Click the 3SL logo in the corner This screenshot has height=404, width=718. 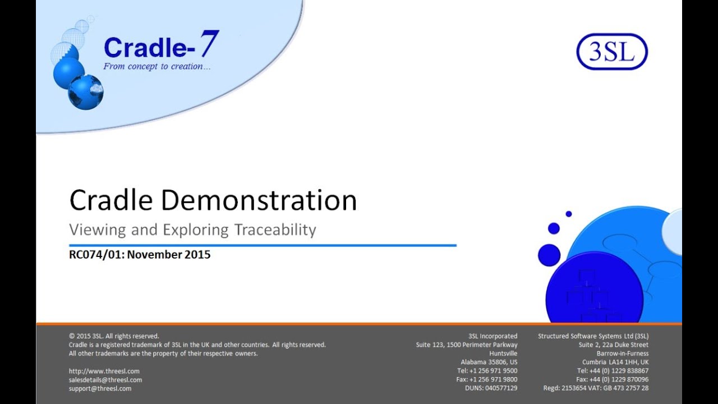tap(612, 52)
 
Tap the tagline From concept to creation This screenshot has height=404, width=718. tap(157, 66)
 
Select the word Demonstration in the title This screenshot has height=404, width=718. tap(260, 200)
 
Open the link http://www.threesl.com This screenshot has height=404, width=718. tap(104, 371)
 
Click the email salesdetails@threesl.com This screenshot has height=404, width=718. tap(105, 380)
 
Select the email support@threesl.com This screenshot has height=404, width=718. tap(100, 388)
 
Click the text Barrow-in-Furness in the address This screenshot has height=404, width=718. tap(623, 353)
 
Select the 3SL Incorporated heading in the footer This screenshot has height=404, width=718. tap(493, 336)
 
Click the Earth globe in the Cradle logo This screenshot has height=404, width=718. tap(86, 92)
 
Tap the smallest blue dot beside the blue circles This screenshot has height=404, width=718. tap(568, 214)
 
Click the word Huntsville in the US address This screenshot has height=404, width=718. tap(503, 353)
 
